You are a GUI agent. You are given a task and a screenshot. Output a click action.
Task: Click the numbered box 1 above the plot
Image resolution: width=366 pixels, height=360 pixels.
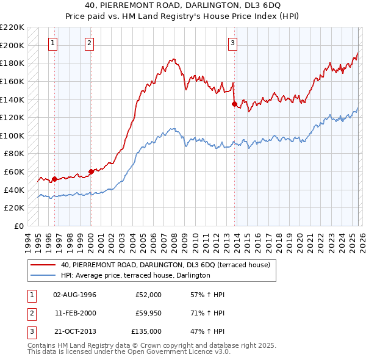54,43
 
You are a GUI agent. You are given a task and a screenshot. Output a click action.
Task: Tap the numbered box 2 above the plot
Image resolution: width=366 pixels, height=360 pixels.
90,43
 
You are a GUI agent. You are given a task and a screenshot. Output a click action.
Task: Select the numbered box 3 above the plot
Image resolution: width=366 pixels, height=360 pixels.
233,43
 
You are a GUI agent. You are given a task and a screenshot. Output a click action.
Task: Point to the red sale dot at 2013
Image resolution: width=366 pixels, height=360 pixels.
234,104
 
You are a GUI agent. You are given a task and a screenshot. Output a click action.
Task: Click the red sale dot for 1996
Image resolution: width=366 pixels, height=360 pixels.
54,179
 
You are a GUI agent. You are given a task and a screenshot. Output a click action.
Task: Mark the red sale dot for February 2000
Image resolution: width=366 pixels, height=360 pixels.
91,171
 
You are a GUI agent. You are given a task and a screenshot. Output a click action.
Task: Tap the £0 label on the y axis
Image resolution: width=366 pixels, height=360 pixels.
18,226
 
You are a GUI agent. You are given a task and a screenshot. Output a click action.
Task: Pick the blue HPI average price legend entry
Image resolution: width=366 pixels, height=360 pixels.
135,275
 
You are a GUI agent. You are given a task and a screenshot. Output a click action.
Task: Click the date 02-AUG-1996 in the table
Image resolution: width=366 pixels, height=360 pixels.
74,295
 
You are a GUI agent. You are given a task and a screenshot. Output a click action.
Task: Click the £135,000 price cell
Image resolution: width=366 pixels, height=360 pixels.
146,331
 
